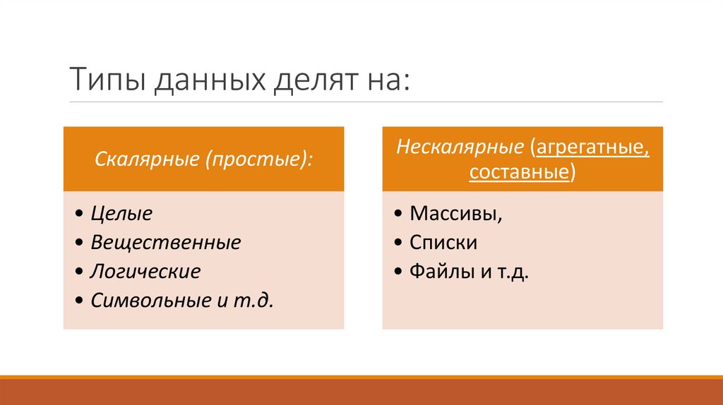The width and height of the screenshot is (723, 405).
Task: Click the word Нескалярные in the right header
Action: pyautogui.click(x=460, y=147)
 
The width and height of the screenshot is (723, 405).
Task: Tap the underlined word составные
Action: pyautogui.click(x=518, y=172)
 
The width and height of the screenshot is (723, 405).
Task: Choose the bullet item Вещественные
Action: pyautogui.click(x=165, y=243)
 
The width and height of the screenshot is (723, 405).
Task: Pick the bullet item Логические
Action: pyautogui.click(x=145, y=272)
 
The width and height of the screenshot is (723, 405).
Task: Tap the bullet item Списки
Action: pyautogui.click(x=443, y=243)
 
